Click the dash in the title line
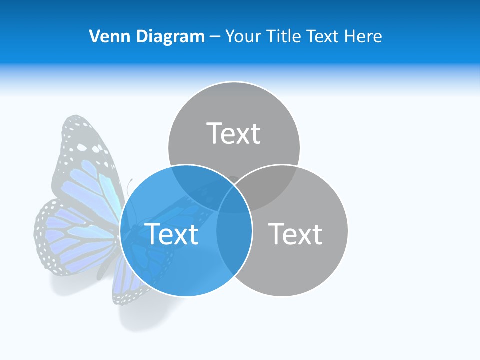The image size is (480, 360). (215, 37)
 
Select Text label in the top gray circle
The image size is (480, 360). (234, 133)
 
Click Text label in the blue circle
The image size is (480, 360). (171, 234)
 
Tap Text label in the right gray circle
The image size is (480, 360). (295, 234)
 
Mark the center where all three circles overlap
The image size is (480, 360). (234, 197)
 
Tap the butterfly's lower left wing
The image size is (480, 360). (70, 235)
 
